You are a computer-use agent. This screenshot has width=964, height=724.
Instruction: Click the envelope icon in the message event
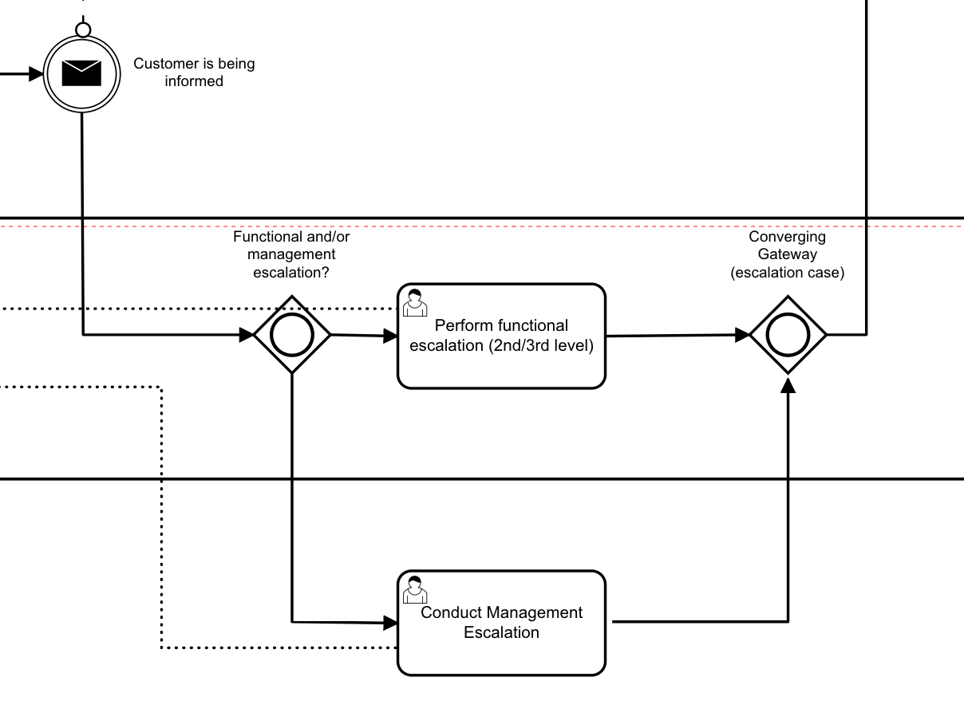82,73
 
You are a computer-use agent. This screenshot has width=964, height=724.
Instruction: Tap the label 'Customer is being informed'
194,73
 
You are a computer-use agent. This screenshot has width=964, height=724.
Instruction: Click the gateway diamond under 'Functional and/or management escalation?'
292,335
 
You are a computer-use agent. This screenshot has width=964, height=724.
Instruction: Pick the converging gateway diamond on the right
788,335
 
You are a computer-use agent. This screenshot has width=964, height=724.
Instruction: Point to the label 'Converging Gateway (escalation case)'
788,254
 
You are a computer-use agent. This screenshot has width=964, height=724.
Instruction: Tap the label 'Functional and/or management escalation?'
291,254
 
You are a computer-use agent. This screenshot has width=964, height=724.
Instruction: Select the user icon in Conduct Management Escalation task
414,590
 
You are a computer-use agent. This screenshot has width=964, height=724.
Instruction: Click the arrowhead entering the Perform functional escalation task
391,336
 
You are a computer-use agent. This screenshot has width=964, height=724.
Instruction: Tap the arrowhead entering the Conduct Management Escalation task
390,622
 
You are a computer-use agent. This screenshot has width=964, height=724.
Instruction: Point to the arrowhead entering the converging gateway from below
788,385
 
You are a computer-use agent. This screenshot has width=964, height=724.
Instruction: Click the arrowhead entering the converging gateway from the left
742,335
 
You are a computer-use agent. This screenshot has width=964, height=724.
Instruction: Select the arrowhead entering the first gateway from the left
247,335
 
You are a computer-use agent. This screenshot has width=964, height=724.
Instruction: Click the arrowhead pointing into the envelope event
36,74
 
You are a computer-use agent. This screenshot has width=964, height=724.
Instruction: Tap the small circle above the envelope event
83,30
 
